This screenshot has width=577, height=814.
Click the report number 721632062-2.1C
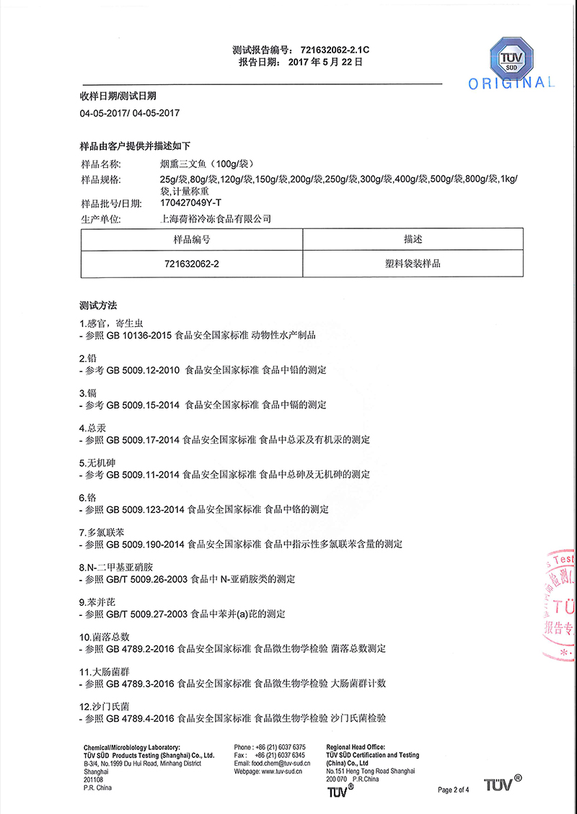pyautogui.click(x=334, y=50)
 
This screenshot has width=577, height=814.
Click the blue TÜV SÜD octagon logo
pyautogui.click(x=511, y=53)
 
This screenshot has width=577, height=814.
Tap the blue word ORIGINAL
pyautogui.click(x=511, y=84)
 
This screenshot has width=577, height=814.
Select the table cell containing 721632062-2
pyautogui.click(x=192, y=264)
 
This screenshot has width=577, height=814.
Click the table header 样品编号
pyautogui.click(x=192, y=239)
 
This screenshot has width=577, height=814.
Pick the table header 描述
pyautogui.click(x=413, y=239)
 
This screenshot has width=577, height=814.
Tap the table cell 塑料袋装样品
pyautogui.click(x=413, y=264)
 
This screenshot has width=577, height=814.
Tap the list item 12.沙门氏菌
pyautogui.click(x=105, y=706)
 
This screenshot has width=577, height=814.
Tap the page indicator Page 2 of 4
pyautogui.click(x=454, y=790)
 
